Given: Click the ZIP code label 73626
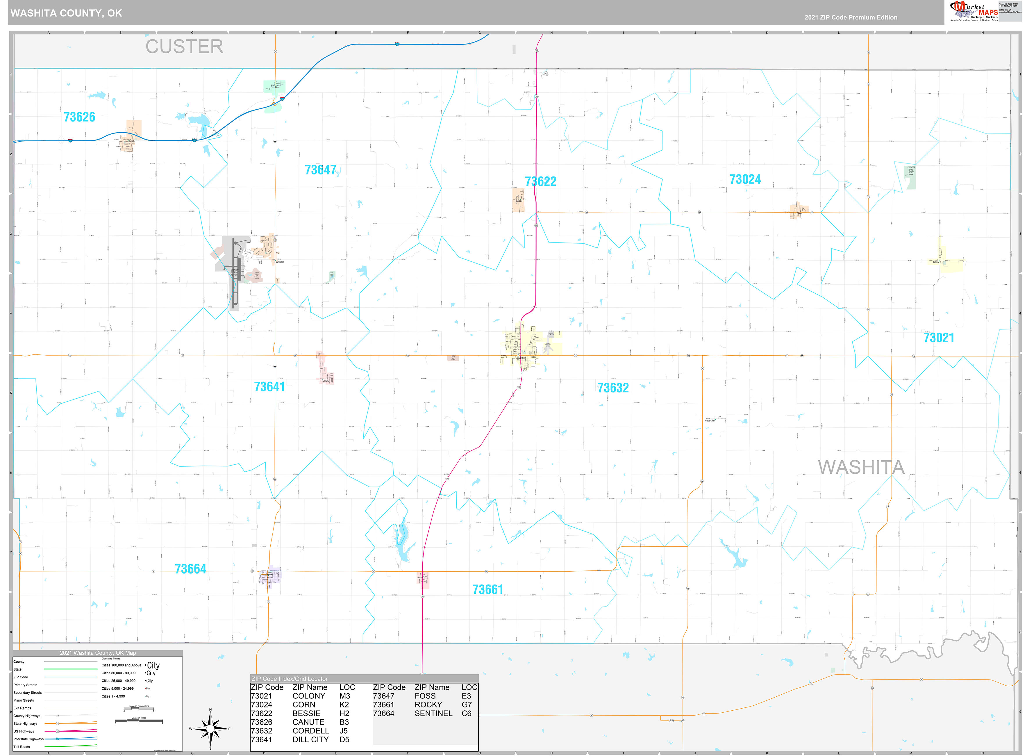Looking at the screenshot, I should click(x=80, y=117).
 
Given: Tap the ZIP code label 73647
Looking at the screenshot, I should click(x=320, y=170).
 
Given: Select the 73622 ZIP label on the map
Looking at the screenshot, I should click(x=540, y=182).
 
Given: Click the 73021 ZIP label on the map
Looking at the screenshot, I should click(x=938, y=338).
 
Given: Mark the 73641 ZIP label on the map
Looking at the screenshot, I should click(x=269, y=387).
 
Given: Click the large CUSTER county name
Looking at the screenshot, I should click(x=184, y=47).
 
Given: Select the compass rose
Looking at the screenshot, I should click(x=210, y=729).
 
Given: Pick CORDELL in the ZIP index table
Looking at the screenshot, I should click(x=311, y=731).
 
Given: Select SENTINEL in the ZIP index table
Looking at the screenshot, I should click(x=433, y=714).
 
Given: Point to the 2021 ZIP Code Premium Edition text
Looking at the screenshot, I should click(x=851, y=17).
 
